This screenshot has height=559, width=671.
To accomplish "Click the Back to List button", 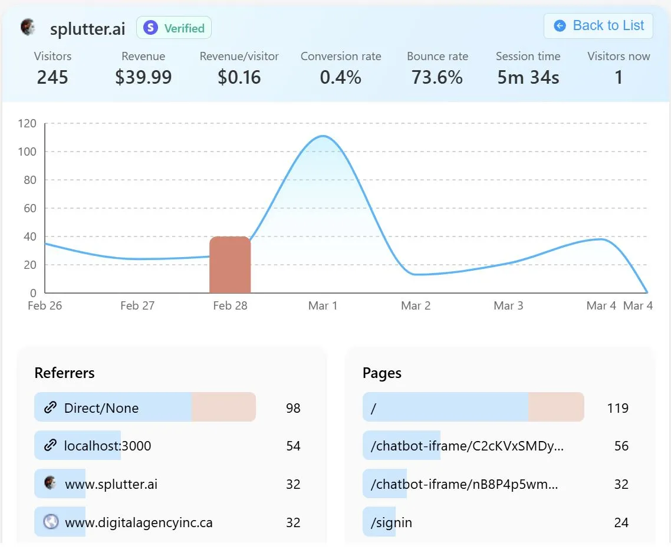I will [598, 26].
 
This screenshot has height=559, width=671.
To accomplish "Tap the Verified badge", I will [174, 28].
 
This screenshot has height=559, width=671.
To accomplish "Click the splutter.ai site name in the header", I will [88, 28].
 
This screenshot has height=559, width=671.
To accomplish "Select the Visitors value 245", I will [52, 77].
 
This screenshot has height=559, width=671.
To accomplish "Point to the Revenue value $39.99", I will [143, 77].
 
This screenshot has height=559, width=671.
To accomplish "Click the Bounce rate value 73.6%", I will [437, 77].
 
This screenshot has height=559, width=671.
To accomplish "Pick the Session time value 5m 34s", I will [528, 77].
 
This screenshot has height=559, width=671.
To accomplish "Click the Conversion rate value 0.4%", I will [340, 77].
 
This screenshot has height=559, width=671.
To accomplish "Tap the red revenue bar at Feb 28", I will [230, 265].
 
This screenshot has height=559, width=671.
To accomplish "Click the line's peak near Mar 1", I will [323, 136].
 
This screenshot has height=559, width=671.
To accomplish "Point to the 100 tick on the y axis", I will [27, 152].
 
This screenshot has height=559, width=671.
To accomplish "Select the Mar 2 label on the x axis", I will [416, 305].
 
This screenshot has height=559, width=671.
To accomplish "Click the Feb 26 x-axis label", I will [45, 305].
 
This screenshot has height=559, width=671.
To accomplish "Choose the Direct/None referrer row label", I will [101, 408].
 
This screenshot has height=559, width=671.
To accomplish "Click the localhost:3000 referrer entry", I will [107, 446].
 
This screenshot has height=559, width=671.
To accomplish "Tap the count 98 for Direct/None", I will [293, 408].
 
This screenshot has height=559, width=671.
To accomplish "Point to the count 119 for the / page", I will [617, 408].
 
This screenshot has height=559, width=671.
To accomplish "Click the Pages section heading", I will [382, 373].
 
